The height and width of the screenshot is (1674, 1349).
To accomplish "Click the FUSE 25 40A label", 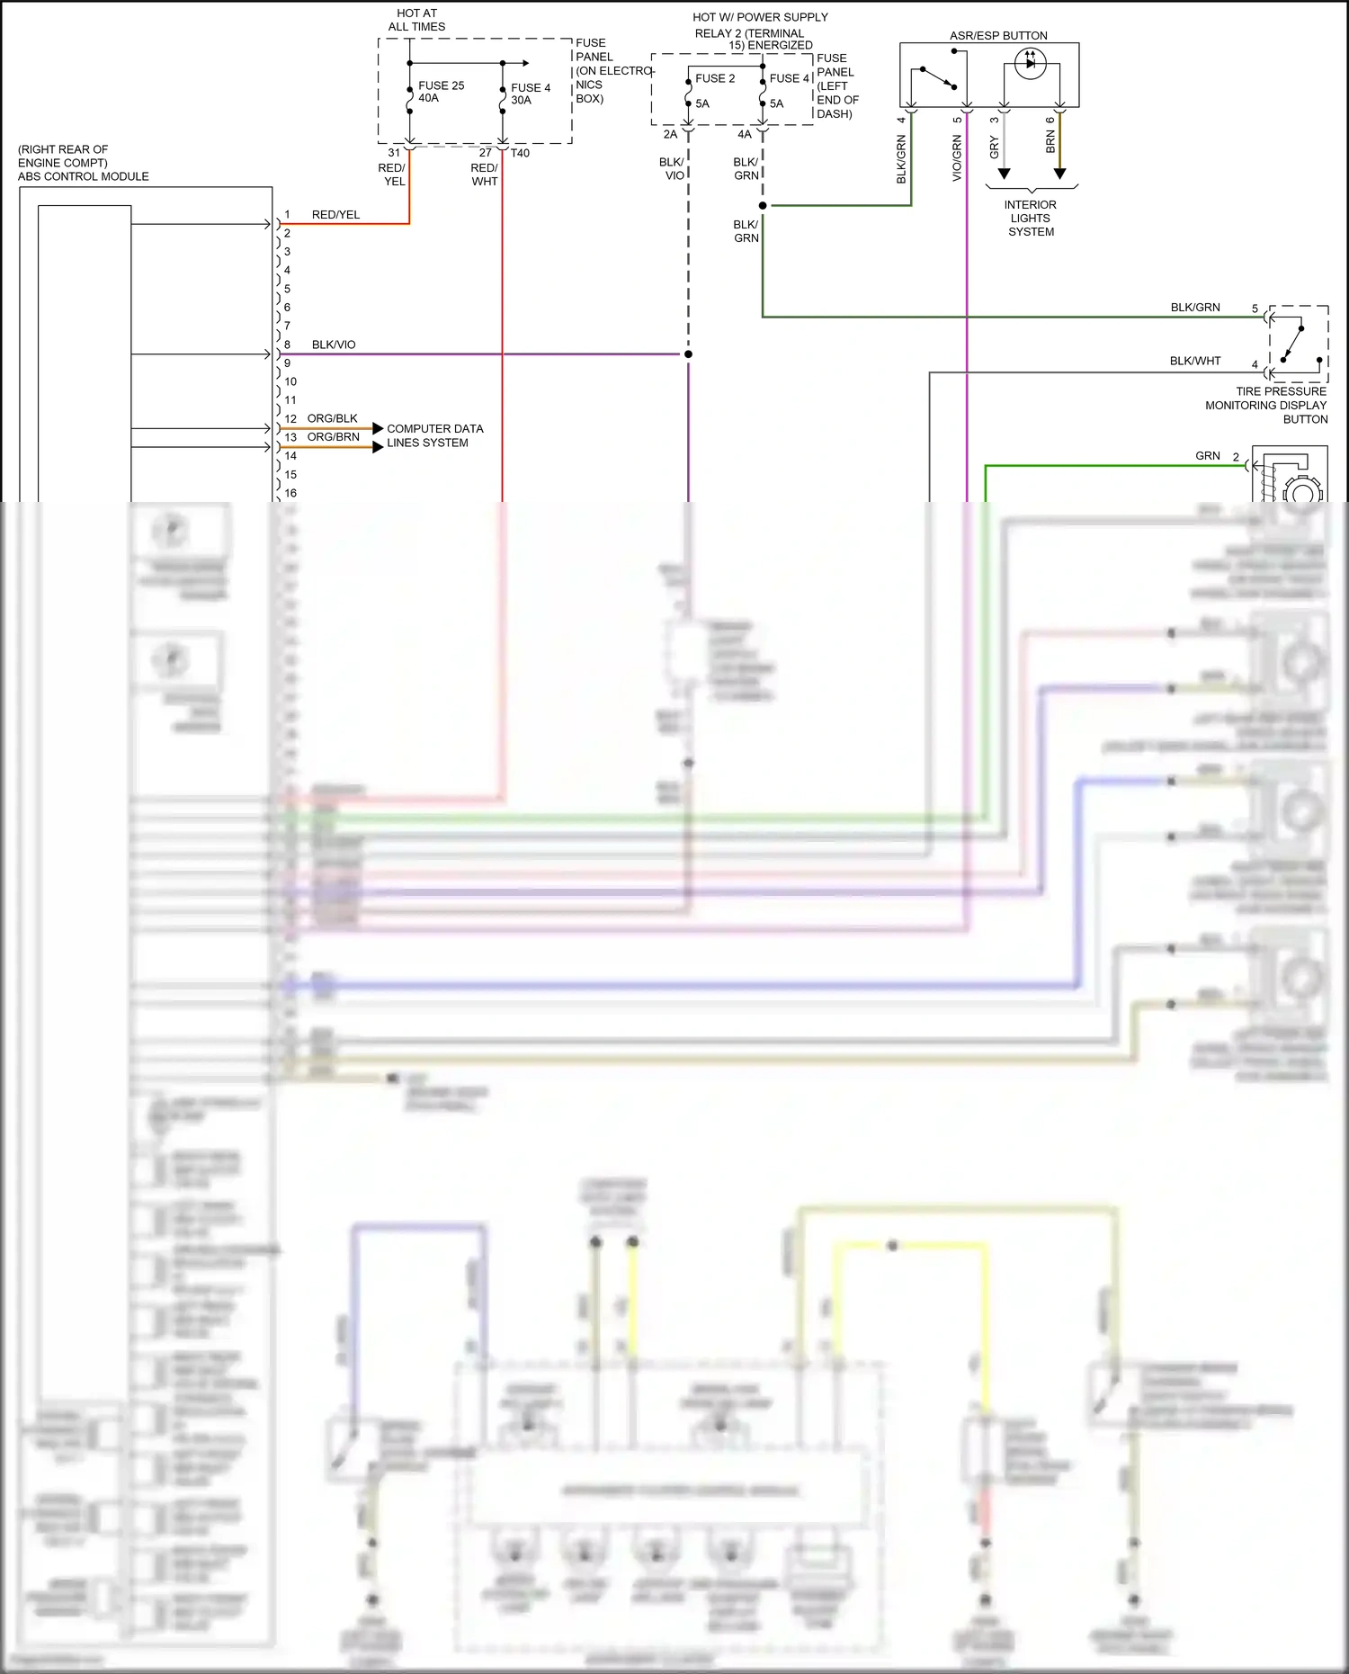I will (x=441, y=92).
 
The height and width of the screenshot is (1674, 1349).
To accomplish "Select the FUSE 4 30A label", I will (x=531, y=94).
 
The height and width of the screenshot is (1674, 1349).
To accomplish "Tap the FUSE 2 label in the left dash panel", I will (x=714, y=78).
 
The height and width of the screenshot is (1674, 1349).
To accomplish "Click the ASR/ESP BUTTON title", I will (x=998, y=36).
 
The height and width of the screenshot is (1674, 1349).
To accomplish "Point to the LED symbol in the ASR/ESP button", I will (x=1030, y=63).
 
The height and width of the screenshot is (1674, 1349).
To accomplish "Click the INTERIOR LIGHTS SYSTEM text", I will (x=1031, y=219).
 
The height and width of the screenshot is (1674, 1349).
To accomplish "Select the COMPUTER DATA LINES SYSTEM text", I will (x=434, y=435).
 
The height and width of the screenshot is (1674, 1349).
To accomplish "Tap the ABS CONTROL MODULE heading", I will (x=83, y=176).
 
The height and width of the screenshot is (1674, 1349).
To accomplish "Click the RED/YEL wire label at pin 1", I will (x=335, y=215).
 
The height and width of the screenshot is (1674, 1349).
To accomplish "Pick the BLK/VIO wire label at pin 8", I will (x=334, y=345).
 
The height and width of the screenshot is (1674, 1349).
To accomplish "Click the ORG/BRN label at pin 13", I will (x=333, y=437).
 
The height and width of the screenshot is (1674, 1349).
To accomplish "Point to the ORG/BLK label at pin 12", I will (x=332, y=418).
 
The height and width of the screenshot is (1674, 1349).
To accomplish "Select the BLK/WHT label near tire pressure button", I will (x=1194, y=361).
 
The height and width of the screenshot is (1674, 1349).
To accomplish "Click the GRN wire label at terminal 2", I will (x=1207, y=456).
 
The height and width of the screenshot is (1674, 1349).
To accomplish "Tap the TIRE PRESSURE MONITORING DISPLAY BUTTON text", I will (x=1266, y=405).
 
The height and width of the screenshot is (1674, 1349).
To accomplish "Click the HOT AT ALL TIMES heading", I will (x=416, y=20).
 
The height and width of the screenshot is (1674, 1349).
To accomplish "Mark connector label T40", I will (x=520, y=153).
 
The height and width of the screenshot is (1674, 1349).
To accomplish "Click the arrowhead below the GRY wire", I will (x=1004, y=174).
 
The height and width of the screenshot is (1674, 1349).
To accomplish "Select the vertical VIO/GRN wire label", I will (x=957, y=157).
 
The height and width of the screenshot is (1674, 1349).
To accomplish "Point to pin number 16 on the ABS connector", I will (x=290, y=493).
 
